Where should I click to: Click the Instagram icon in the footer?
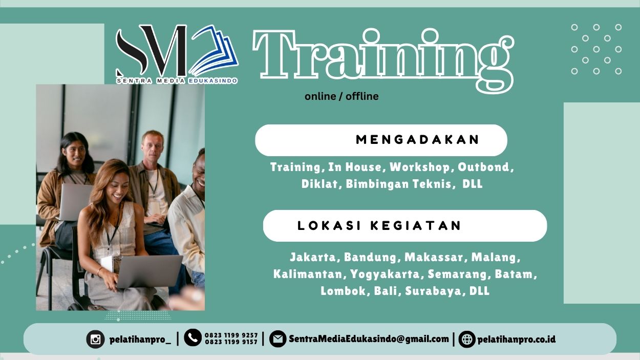point(95,339)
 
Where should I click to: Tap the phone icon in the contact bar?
point(193,337)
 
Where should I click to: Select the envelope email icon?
point(278,338)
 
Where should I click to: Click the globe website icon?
point(466,339)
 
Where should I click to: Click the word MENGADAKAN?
point(418,140)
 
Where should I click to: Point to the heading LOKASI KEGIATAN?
point(379,226)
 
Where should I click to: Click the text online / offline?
point(342,96)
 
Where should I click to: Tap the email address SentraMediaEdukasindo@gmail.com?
point(369,338)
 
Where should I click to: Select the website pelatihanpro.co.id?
point(516,339)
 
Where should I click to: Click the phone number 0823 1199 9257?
point(231,335)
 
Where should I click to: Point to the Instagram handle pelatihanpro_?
point(140,339)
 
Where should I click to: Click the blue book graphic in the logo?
point(218,49)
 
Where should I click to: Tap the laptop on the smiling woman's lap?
point(148,271)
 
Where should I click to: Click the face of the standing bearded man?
point(152,146)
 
